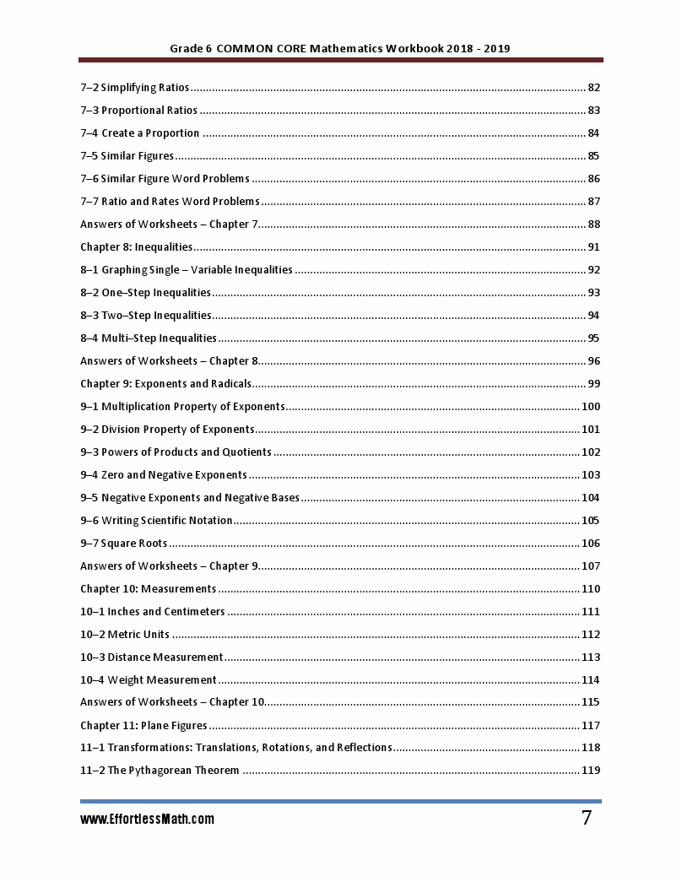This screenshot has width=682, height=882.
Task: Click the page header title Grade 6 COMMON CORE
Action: coord(339,48)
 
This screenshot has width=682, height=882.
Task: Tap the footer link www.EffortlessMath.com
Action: coord(147,820)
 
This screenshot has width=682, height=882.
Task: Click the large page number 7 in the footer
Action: coord(586,818)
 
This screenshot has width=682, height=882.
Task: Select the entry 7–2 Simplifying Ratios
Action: coord(134,88)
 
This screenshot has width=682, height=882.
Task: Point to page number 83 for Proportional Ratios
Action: coord(593,111)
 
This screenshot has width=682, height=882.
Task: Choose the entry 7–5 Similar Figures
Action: coord(127,156)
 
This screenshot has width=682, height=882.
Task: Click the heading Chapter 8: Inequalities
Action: coord(136,247)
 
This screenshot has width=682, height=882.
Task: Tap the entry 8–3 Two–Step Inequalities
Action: coord(145,316)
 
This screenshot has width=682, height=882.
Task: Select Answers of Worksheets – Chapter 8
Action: coord(169,361)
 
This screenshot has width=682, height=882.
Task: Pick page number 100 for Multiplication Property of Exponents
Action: coord(590,407)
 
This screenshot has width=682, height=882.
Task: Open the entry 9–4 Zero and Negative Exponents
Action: coord(164,475)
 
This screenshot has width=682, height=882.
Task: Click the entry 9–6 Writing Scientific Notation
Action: coord(156,521)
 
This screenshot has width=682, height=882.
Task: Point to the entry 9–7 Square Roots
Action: coord(123,544)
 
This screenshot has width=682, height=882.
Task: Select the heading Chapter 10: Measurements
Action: coord(148,589)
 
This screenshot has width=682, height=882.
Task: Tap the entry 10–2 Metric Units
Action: coord(125,635)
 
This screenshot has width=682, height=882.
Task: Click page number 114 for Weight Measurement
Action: coord(590,680)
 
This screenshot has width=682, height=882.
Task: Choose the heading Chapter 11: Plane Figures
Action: coord(143,726)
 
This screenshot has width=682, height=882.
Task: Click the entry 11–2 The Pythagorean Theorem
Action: coord(160,771)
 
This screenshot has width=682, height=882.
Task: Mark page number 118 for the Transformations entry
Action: coord(590,748)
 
